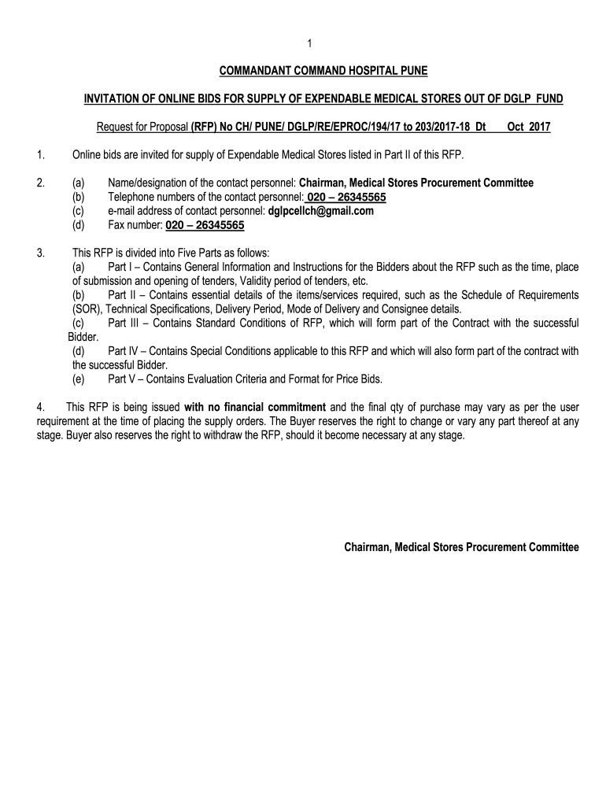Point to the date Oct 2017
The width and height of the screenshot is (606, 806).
[x=529, y=126]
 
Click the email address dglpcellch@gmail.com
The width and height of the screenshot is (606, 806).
[x=320, y=211]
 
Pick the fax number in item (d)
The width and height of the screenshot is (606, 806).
[x=205, y=225]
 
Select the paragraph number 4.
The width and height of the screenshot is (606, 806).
[x=41, y=407]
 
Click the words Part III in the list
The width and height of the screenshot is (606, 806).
[x=122, y=324]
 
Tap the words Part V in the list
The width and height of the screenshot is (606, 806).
[x=120, y=379]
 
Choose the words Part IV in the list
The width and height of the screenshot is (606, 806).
[x=122, y=351]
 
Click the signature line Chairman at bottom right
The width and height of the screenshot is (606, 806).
[x=461, y=547]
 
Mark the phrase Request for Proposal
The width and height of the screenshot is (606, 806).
[x=142, y=126]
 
